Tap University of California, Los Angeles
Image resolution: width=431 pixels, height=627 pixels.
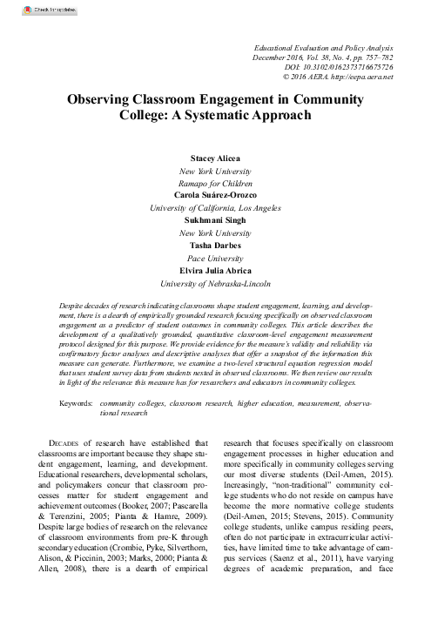(214, 208)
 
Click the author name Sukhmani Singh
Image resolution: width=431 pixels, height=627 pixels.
(214, 220)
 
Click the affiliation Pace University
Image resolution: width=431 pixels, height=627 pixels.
(214, 258)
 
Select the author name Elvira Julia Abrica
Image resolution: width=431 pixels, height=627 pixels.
(214, 270)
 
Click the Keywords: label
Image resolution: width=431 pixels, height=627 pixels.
(77, 406)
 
